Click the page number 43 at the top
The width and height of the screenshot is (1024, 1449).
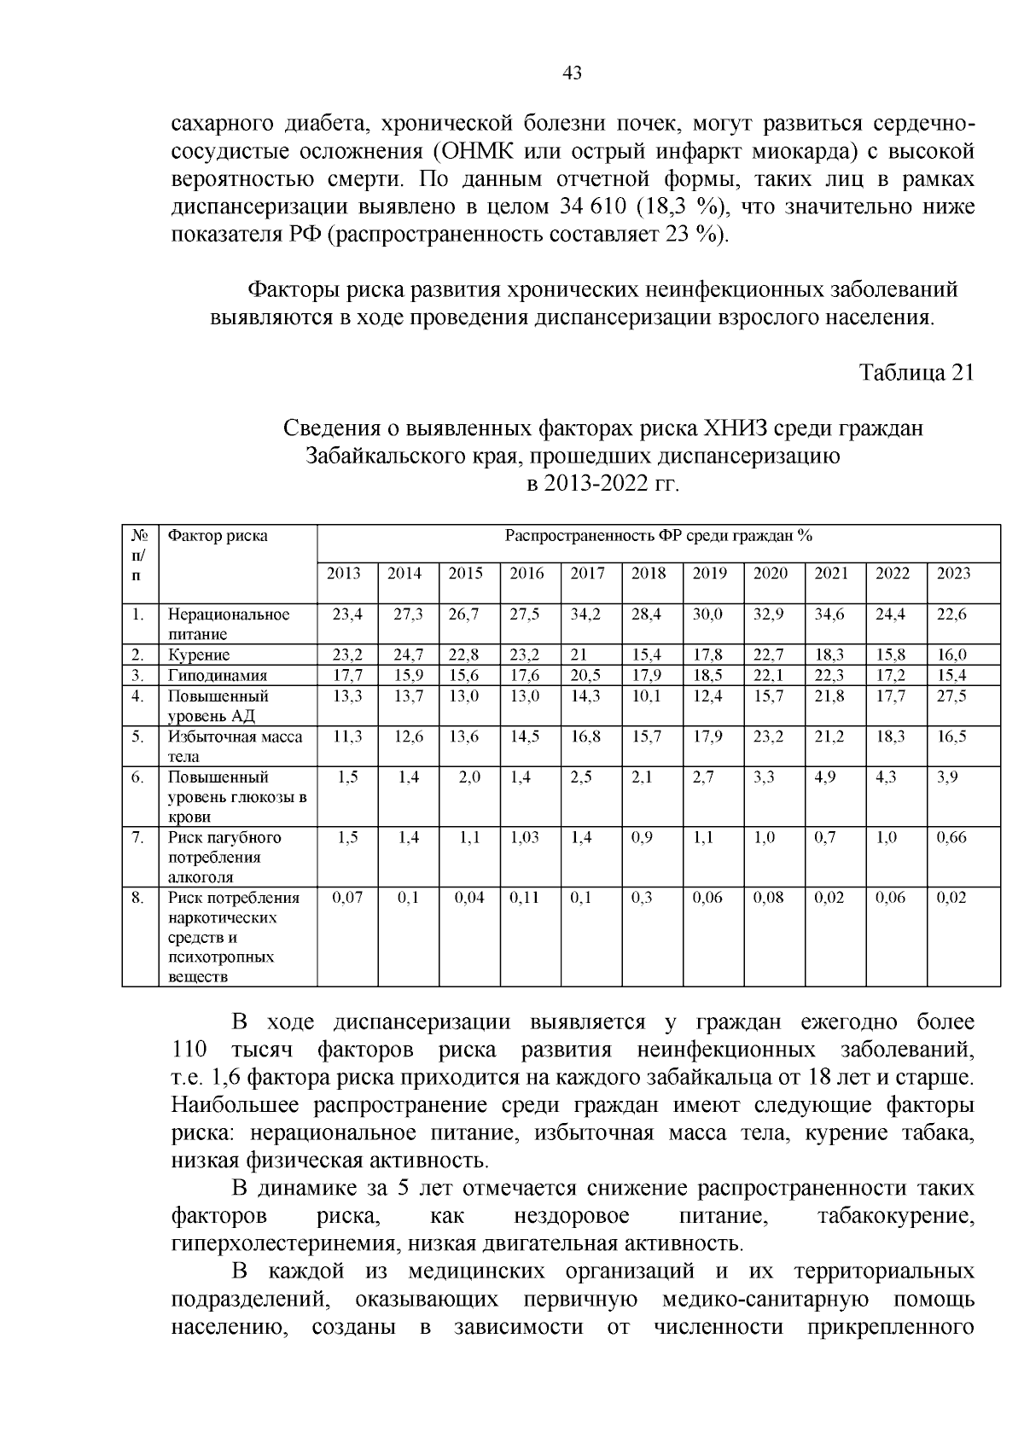pyautogui.click(x=573, y=73)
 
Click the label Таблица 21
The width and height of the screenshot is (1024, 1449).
pyautogui.click(x=916, y=373)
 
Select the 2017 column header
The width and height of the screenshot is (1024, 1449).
pyautogui.click(x=587, y=573)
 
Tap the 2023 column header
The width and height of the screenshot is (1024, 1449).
pyautogui.click(x=953, y=573)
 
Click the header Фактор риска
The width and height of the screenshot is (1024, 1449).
pyautogui.click(x=218, y=536)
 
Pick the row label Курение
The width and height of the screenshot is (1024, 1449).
pyautogui.click(x=199, y=655)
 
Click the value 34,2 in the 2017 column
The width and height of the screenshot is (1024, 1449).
pyautogui.click(x=586, y=614)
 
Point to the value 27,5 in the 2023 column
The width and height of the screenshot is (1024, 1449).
pyautogui.click(x=951, y=695)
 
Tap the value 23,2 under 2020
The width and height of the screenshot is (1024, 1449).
pyautogui.click(x=769, y=736)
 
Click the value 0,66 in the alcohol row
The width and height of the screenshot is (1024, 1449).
pyautogui.click(x=951, y=837)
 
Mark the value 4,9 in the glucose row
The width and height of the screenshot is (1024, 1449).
pyautogui.click(x=825, y=777)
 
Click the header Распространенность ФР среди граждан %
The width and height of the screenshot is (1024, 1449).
pyautogui.click(x=658, y=536)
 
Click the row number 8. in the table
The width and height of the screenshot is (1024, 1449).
pyautogui.click(x=137, y=898)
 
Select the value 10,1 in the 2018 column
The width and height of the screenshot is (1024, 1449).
pyautogui.click(x=646, y=695)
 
